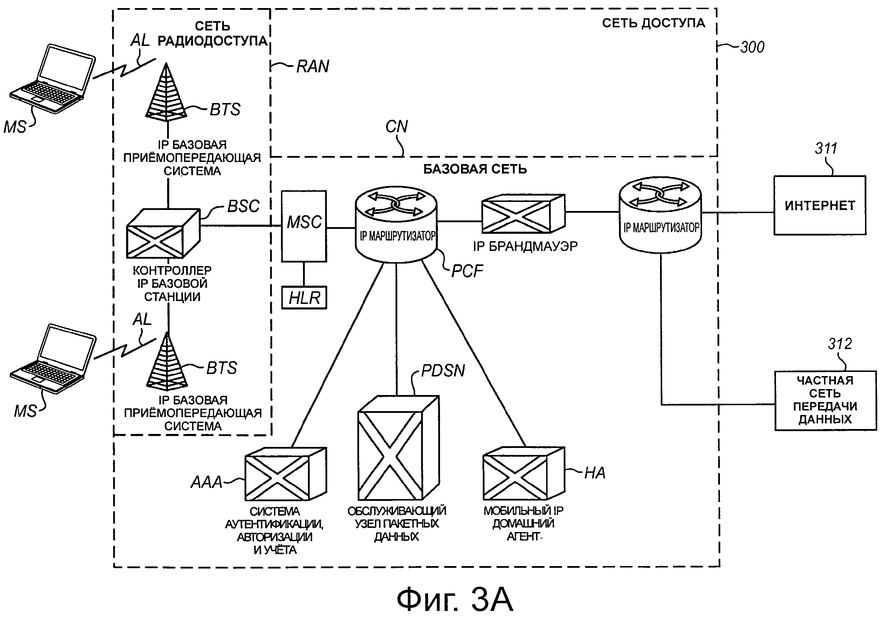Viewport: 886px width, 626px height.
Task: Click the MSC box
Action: point(304,226)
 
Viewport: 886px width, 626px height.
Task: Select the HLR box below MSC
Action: point(304,297)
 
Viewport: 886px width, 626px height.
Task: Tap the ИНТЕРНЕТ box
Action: point(820,205)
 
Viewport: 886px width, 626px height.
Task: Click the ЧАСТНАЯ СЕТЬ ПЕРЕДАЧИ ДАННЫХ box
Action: point(825,401)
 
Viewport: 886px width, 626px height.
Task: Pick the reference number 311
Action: point(826,149)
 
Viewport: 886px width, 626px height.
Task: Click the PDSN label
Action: point(442,371)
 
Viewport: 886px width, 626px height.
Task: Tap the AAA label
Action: point(206,482)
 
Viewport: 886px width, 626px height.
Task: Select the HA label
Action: point(595,473)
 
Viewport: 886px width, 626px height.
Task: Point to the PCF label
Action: point(467,271)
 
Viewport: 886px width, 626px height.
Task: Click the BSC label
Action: point(243,206)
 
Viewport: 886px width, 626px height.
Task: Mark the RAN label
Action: point(312,67)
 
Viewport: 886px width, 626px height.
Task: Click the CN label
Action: point(396,127)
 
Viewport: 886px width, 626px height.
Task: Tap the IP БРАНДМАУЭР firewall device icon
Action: point(523,214)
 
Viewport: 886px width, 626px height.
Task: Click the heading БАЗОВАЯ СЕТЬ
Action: point(475,169)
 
